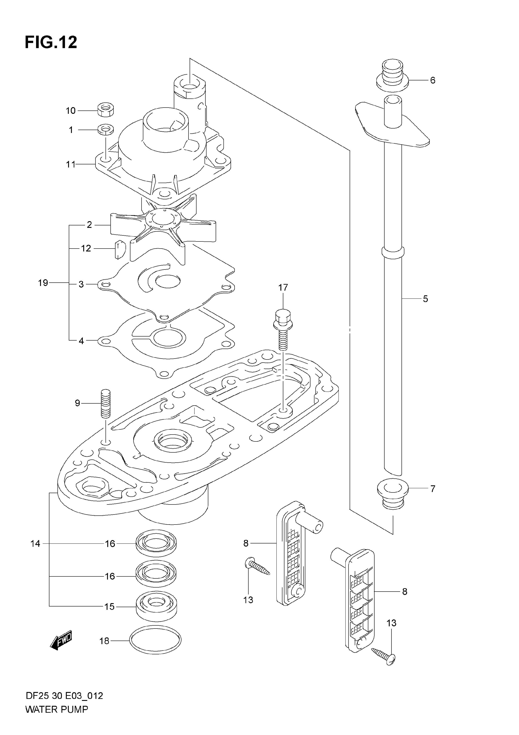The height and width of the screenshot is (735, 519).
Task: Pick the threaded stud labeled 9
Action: [x=106, y=403]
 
